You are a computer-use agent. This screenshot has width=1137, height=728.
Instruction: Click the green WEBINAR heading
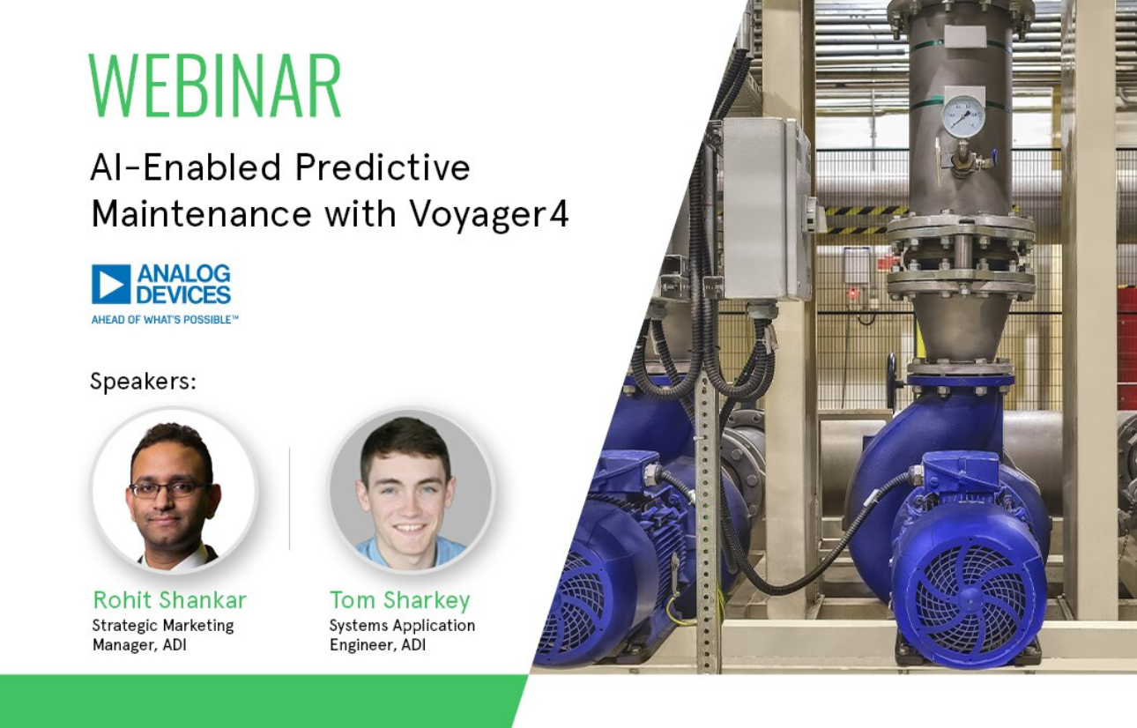click(214, 86)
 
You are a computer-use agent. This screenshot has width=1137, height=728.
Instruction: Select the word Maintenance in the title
click(202, 214)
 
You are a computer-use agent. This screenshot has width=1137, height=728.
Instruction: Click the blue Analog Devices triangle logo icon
click(111, 284)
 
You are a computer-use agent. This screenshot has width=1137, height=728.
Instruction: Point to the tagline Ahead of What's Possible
click(165, 319)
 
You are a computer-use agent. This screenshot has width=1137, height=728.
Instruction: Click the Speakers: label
click(142, 382)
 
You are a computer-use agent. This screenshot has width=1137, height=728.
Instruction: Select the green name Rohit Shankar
click(169, 600)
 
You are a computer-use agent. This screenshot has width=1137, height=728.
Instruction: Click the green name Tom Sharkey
click(400, 600)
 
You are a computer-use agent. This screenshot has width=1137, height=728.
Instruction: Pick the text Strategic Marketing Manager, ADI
click(163, 635)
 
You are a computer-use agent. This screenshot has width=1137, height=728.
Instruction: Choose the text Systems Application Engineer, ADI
click(402, 635)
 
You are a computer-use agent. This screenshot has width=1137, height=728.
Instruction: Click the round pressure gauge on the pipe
click(962, 116)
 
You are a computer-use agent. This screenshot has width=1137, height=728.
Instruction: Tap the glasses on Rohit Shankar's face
click(170, 488)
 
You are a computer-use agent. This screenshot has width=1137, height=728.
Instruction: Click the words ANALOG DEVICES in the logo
click(183, 284)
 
